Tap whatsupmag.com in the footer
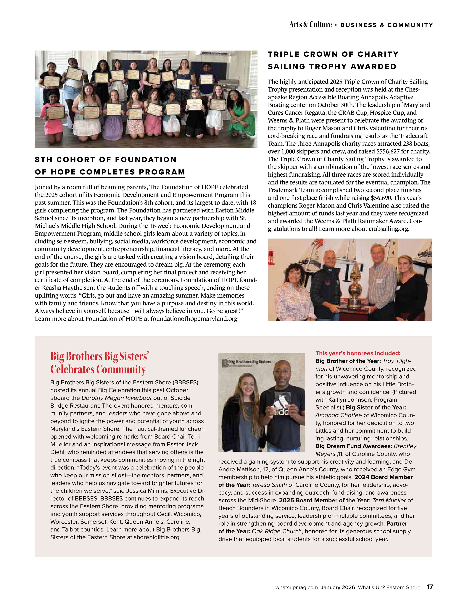pyautogui.click(x=296, y=587)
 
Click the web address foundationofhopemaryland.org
pyautogui.click(x=194, y=319)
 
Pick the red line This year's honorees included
pyautogui.click(x=358, y=353)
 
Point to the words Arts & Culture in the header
pyautogui.click(x=310, y=25)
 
